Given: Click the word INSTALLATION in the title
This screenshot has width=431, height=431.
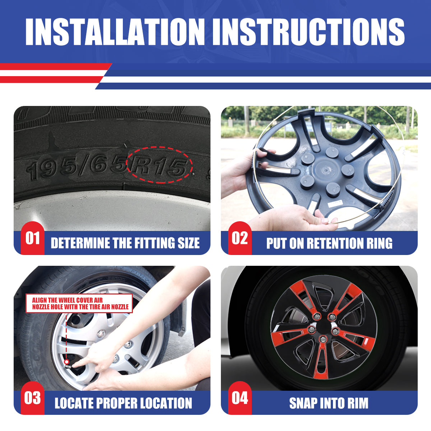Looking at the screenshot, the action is click(115, 32).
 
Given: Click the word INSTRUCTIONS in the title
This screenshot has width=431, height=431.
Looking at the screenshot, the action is click(308, 32).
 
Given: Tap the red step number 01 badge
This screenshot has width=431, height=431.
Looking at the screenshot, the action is click(33, 238).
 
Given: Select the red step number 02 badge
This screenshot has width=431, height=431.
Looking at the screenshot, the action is click(240, 238).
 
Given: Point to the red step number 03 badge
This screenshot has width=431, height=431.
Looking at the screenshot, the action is click(33, 398).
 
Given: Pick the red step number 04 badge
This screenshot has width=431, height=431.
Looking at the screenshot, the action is click(240, 398).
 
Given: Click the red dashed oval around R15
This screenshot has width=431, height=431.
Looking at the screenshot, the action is click(160, 147).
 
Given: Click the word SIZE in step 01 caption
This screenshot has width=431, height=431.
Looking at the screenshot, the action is click(189, 243).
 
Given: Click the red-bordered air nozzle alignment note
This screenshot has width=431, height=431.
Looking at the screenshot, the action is click(79, 303).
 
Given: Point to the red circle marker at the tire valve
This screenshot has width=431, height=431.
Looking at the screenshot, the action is click(66, 362).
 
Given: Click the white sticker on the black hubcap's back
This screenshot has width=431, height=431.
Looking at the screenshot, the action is click(335, 203).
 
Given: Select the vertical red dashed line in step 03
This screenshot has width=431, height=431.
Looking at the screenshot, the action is click(66, 336).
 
